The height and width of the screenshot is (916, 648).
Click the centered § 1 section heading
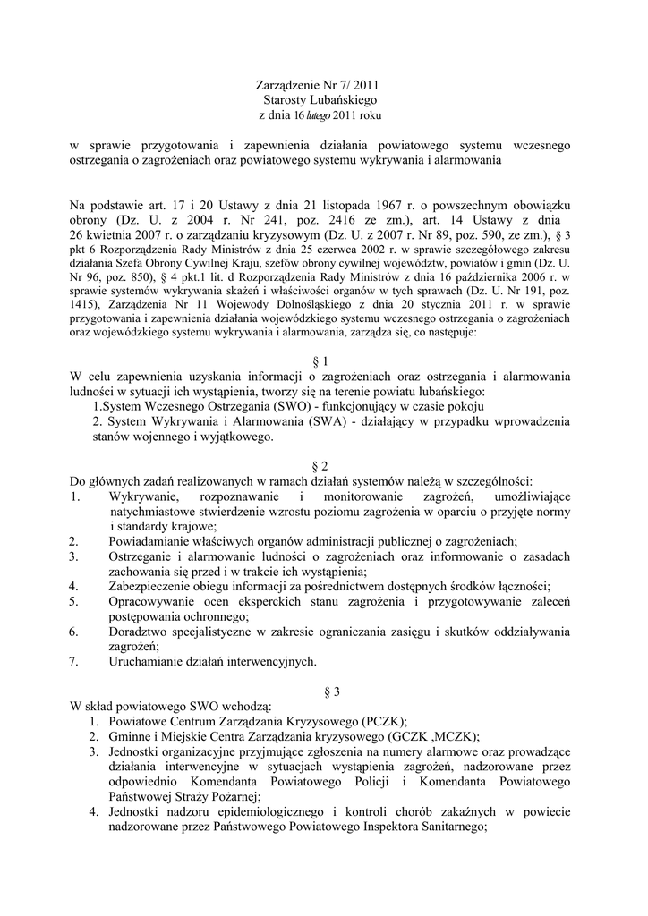pyautogui.click(x=324, y=361)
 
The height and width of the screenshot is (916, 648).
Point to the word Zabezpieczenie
pyautogui.click(x=153, y=587)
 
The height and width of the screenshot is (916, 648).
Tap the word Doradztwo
pyautogui.click(x=139, y=632)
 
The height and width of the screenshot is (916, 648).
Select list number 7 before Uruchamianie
pyautogui.click(x=72, y=662)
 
